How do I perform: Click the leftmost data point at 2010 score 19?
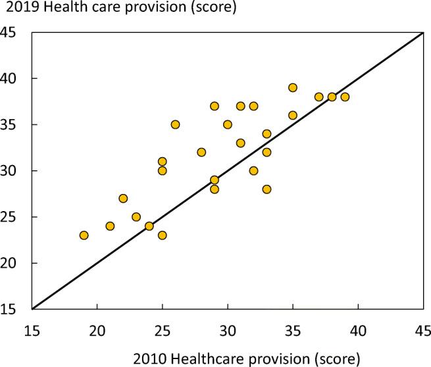(x=84, y=235)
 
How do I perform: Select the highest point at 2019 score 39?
(x=293, y=87)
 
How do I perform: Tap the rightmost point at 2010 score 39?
(x=345, y=97)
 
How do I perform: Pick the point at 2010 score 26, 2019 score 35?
(x=175, y=124)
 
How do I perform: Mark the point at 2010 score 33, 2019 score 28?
(x=266, y=189)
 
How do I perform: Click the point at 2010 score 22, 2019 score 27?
(x=123, y=199)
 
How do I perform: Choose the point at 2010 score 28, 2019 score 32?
(x=201, y=152)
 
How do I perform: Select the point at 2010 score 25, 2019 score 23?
(x=162, y=235)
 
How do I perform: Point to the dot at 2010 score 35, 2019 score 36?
(x=293, y=115)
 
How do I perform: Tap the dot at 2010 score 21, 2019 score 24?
(x=110, y=226)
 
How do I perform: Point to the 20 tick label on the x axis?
(x=97, y=327)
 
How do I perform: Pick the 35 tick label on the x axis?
(x=293, y=327)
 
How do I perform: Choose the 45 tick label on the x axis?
(x=422, y=327)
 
